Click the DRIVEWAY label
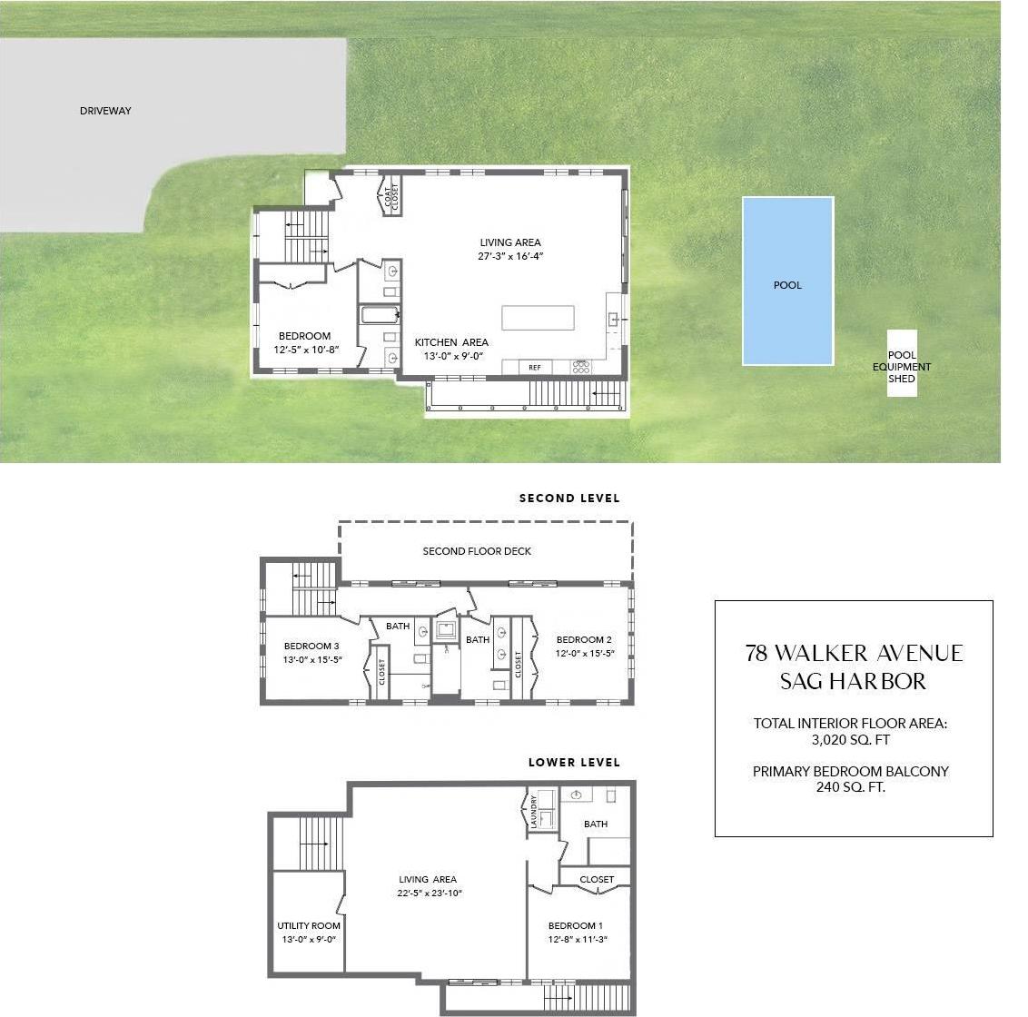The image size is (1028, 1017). pyautogui.click(x=105, y=111)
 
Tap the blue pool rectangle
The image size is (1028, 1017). pyautogui.click(x=787, y=281)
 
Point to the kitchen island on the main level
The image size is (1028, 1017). pyautogui.click(x=538, y=318)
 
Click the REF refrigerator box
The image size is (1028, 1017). pyautogui.click(x=535, y=368)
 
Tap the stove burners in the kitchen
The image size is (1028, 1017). pyautogui.click(x=581, y=367)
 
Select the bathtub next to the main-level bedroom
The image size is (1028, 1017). pyautogui.click(x=381, y=316)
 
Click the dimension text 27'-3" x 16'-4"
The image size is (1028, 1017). pyautogui.click(x=510, y=257)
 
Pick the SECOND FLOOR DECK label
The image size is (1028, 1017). pyautogui.click(x=477, y=551)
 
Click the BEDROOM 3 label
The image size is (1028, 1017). pyautogui.click(x=311, y=647)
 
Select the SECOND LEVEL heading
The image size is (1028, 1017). pyautogui.click(x=569, y=499)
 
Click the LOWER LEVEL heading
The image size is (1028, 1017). pyautogui.click(x=574, y=763)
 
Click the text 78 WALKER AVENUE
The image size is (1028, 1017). pyautogui.click(x=854, y=654)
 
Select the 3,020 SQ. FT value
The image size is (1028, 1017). pyautogui.click(x=850, y=740)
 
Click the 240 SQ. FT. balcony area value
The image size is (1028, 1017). pyautogui.click(x=850, y=787)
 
